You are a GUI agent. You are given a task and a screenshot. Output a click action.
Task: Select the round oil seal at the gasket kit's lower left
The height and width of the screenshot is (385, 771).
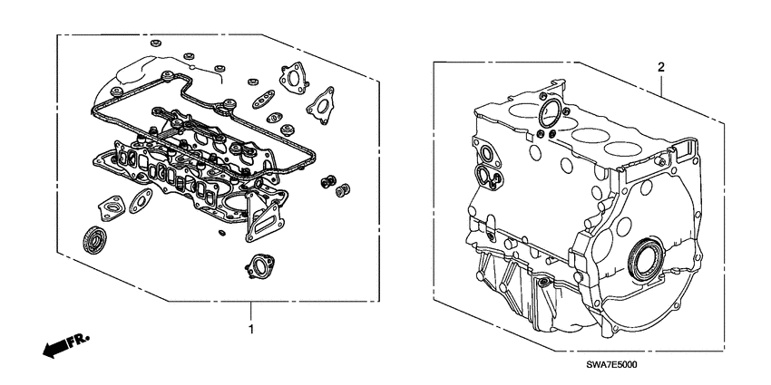93,241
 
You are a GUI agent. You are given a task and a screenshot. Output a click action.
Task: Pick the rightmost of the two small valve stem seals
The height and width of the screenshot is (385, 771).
344,191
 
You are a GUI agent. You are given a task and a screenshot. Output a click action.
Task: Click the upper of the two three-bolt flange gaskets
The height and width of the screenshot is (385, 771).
291,77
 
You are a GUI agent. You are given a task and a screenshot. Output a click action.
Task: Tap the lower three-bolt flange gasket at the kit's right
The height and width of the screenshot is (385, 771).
319,106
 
